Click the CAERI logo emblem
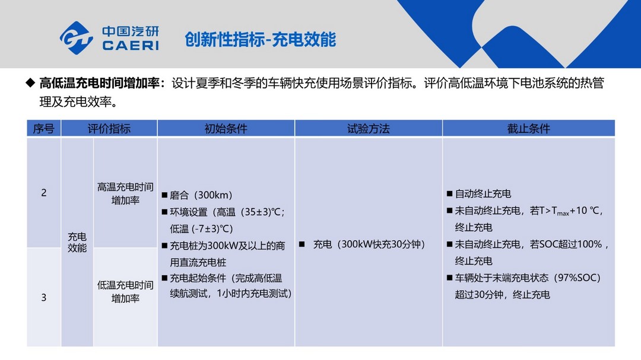pyautogui.click(x=77, y=38)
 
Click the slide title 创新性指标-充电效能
pyautogui.click(x=261, y=40)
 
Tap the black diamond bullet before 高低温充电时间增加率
pyautogui.click(x=30, y=82)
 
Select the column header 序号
pyautogui.click(x=44, y=129)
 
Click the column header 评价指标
pyautogui.click(x=109, y=129)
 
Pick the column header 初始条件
pyautogui.click(x=226, y=129)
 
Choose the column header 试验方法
pyautogui.click(x=369, y=129)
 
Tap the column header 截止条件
pyautogui.click(x=529, y=129)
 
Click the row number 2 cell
pyautogui.click(x=44, y=193)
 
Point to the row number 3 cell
pyautogui.click(x=44, y=298)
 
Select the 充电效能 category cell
pyautogui.click(x=77, y=243)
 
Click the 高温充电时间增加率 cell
pyautogui.click(x=125, y=193)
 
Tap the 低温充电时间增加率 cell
pyautogui.click(x=125, y=291)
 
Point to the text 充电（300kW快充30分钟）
pyautogui.click(x=369, y=244)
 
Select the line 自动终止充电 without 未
pyautogui.click(x=483, y=193)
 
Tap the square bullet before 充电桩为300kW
pyautogui.click(x=164, y=246)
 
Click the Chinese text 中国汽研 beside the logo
pyautogui.click(x=131, y=31)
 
